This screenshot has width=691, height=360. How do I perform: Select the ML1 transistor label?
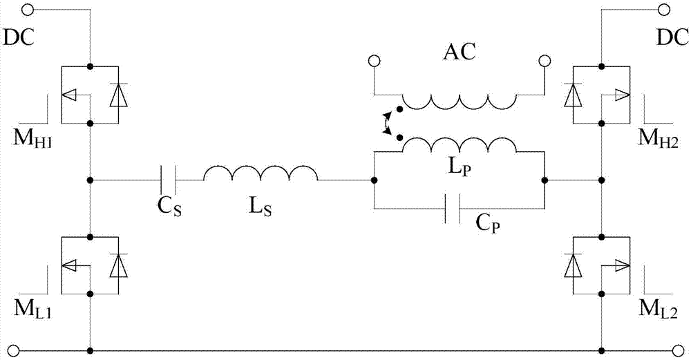click(24, 310)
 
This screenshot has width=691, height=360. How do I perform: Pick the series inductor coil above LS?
click(261, 174)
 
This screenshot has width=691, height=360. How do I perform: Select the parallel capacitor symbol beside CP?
click(452, 207)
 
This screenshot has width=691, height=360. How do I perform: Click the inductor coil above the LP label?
click(459, 146)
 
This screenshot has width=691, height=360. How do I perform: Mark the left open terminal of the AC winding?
click(374, 61)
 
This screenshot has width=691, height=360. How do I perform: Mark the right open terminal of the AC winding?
click(545, 61)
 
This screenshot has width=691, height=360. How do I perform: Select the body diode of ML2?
click(571, 266)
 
